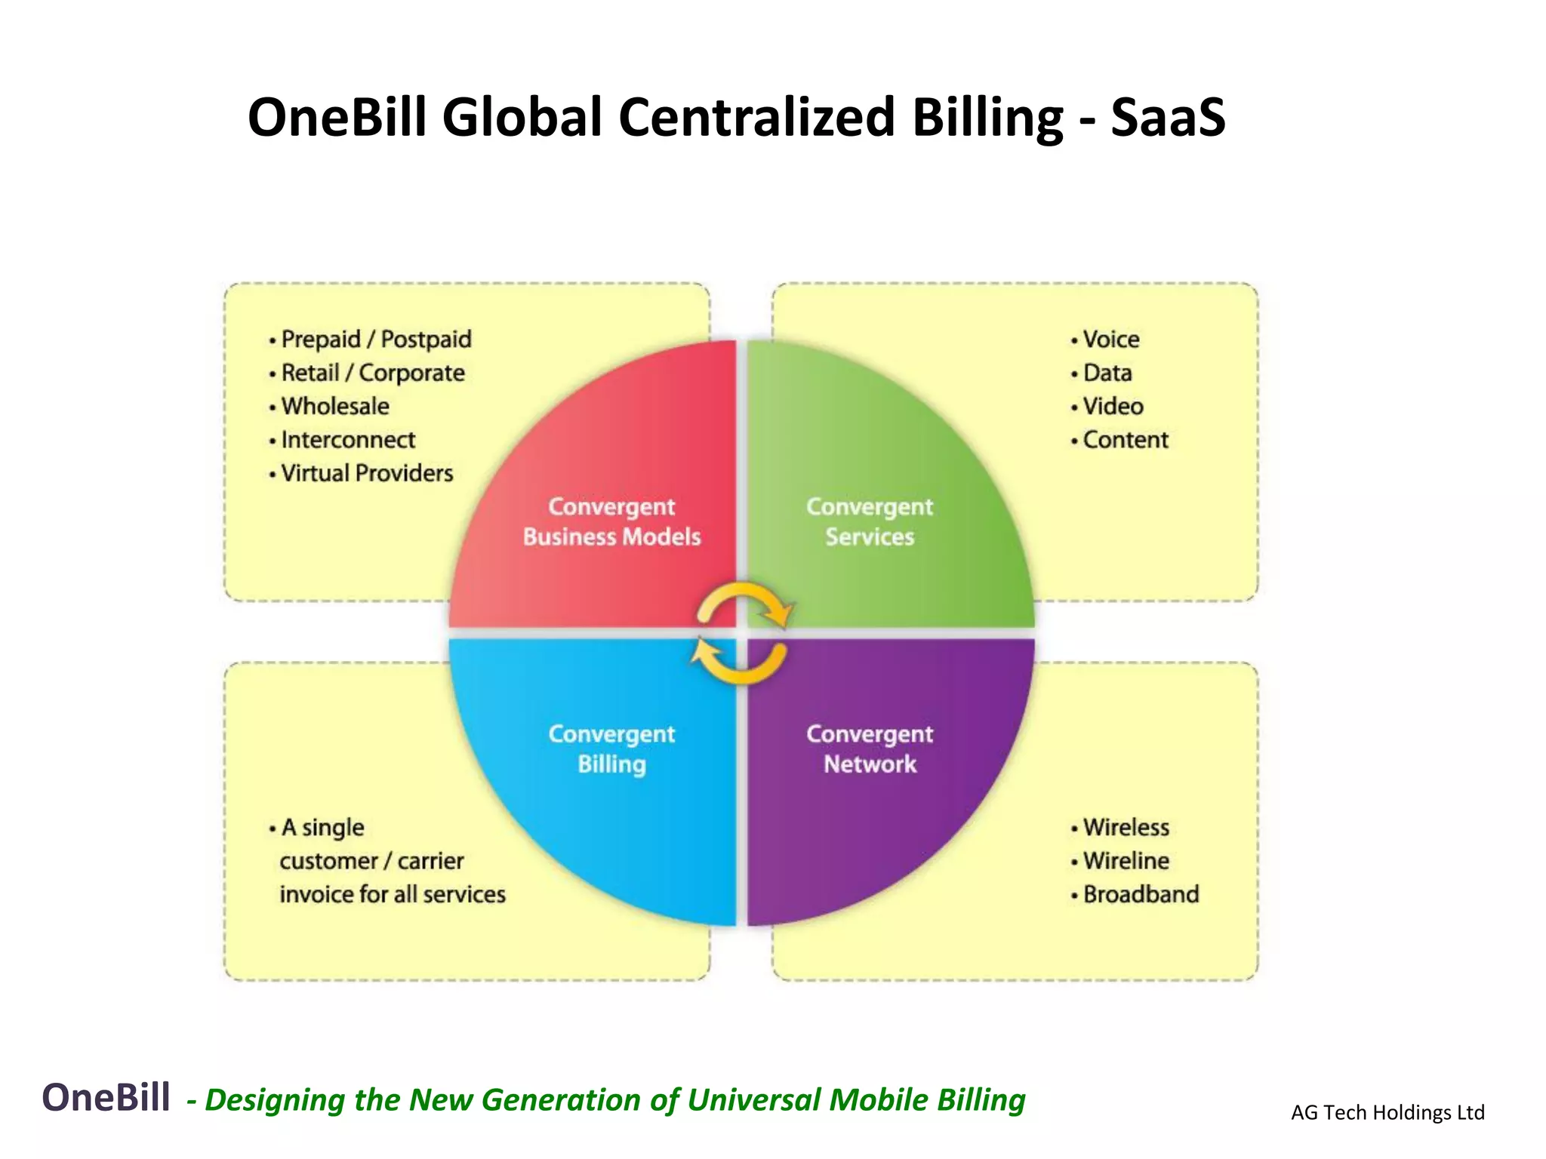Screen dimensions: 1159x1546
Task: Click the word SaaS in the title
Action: [1168, 118]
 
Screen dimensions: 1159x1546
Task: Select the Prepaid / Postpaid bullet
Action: [375, 340]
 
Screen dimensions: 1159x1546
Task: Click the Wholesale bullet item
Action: [334, 407]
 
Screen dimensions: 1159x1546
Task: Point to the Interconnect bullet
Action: [347, 440]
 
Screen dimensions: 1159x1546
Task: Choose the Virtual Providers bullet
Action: [366, 473]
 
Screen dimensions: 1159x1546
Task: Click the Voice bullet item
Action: [1110, 340]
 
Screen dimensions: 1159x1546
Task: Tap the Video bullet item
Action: [1112, 407]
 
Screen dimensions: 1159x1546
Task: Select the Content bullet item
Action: [1125, 440]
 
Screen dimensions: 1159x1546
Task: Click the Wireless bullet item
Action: [1125, 828]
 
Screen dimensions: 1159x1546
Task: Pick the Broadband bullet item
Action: [1140, 894]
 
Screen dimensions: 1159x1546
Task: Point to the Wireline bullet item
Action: [1125, 861]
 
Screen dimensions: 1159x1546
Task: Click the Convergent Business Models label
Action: [611, 522]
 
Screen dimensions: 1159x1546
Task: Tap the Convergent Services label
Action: [870, 522]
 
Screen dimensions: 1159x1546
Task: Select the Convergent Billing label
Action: [611, 749]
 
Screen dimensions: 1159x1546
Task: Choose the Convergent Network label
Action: [870, 749]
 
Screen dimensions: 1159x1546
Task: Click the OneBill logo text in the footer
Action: [106, 1097]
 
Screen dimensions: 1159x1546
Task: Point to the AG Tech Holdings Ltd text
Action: [1387, 1112]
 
